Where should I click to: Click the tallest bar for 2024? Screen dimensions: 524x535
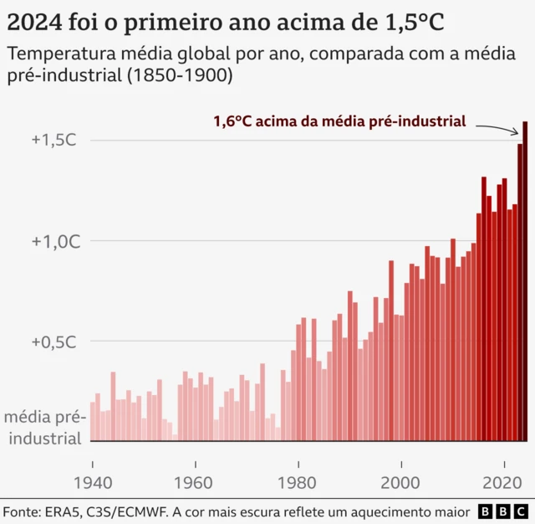click(525, 281)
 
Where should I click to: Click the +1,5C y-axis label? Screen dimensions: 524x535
click(53, 140)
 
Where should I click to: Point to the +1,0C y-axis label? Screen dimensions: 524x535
click(53, 241)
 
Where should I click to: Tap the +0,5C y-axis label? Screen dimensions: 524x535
click(53, 342)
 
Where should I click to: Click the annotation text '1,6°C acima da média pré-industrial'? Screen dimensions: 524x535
click(339, 121)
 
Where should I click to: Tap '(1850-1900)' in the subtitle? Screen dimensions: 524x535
click(183, 75)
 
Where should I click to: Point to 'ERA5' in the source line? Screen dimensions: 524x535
click(66, 511)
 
